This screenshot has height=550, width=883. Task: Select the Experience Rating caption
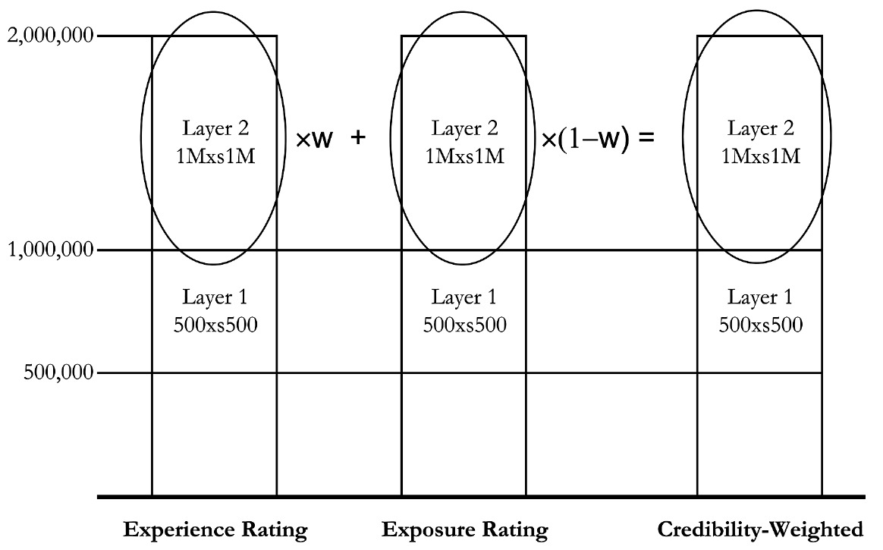[215, 529]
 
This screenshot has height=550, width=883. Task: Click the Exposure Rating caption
[464, 529]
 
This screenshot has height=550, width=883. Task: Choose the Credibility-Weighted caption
[759, 529]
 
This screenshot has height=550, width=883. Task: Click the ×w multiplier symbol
[313, 140]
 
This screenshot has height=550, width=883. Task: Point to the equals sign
[646, 140]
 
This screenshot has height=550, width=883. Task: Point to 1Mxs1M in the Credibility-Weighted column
[759, 156]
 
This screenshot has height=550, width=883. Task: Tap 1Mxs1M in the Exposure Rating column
[463, 156]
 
